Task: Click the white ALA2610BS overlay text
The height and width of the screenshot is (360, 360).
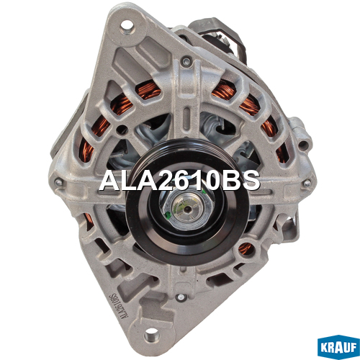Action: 179,181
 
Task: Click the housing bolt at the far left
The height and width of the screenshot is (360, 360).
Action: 58,182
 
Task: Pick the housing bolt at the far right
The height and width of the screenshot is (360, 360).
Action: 307,184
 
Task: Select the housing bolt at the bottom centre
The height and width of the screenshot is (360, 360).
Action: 180,297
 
